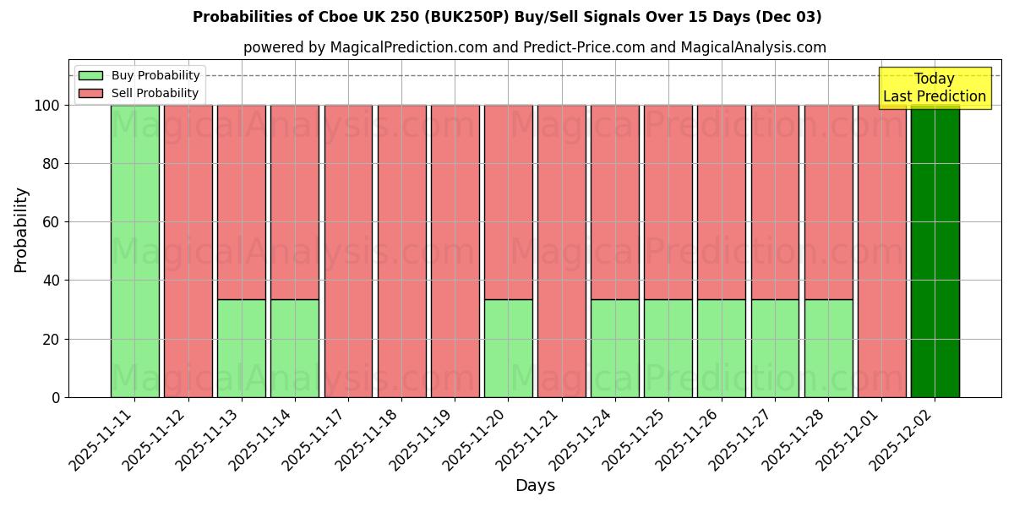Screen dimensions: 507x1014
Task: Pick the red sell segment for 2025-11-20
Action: coord(509,202)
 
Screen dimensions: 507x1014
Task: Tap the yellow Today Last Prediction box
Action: coord(935,88)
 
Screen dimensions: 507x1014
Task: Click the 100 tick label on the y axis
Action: coord(47,106)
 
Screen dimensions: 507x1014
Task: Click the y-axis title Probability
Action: coord(22,230)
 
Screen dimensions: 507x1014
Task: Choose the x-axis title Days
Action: coord(535,486)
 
